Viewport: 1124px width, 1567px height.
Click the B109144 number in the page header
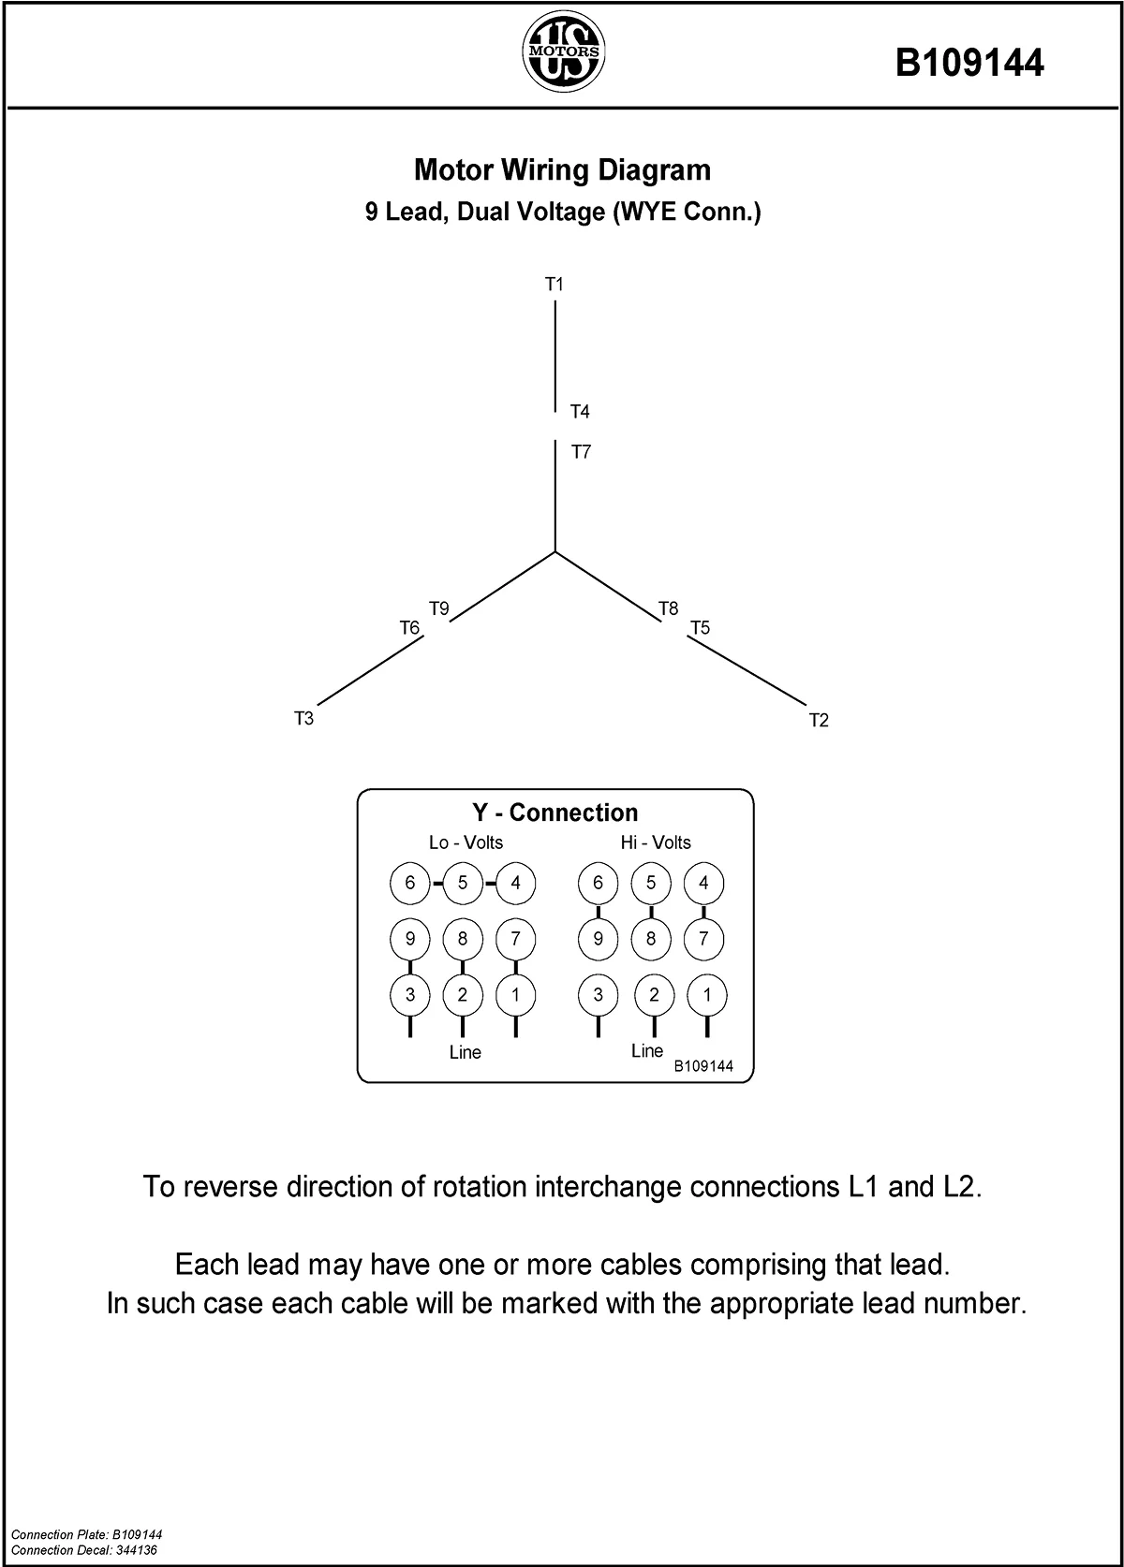[969, 64]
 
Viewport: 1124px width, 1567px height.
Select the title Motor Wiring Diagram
[562, 170]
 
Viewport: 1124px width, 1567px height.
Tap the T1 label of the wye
[555, 284]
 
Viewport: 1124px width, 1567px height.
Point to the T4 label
[580, 412]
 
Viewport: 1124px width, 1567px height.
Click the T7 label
[581, 452]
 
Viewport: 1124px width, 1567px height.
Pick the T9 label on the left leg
[438, 608]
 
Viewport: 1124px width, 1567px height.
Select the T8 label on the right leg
[668, 608]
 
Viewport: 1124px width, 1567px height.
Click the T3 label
[303, 719]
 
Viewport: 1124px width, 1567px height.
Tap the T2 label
[819, 720]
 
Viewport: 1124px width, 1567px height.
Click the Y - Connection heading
[555, 813]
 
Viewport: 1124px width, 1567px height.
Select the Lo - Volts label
[466, 842]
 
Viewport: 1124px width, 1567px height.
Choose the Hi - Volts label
[656, 842]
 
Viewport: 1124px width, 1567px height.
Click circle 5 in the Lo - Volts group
[463, 883]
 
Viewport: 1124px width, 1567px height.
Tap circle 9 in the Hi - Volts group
[599, 939]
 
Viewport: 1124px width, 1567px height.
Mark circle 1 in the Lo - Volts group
[515, 995]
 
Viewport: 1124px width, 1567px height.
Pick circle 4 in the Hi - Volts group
[704, 883]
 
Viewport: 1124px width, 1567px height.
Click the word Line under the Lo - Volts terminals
[465, 1052]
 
